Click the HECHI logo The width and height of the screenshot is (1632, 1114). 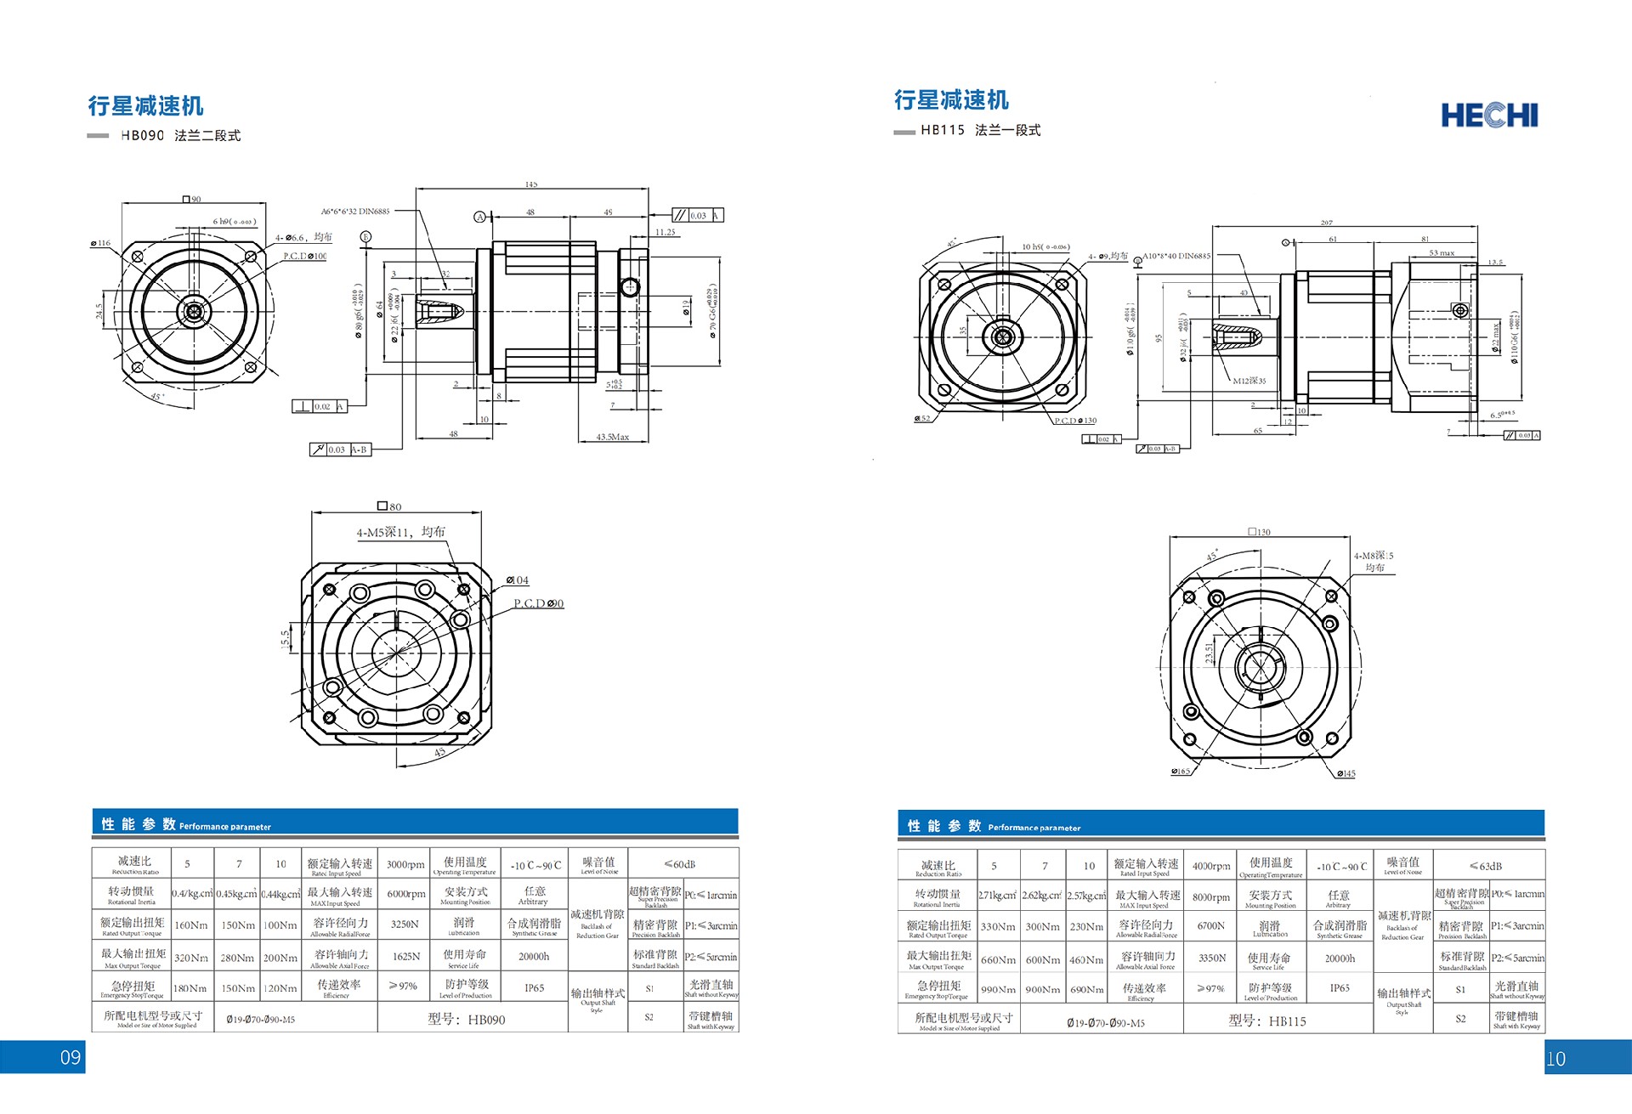point(1489,116)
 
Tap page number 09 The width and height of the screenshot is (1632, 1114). point(71,1057)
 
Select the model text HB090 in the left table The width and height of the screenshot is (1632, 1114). point(485,1019)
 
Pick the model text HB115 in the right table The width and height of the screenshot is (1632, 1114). point(1287,1021)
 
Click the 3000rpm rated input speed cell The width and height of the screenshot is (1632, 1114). point(405,864)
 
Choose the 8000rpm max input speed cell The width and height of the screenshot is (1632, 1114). point(1210,896)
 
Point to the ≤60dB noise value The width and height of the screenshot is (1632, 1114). point(680,864)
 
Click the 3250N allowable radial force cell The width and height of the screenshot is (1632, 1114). point(405,924)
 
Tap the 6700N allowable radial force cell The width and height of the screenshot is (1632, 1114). point(1210,925)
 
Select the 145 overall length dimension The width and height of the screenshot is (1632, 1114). point(531,184)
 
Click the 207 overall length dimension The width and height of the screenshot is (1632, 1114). point(1326,223)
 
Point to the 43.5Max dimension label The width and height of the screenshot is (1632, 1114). point(613,437)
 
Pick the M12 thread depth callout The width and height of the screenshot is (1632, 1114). point(1249,381)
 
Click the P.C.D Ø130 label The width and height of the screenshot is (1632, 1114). point(1075,421)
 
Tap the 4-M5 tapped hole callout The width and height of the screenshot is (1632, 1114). point(400,532)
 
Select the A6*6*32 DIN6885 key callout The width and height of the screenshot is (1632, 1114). point(355,211)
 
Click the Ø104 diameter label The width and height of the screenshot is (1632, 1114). point(518,580)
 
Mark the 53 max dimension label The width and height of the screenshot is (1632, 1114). point(1442,252)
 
